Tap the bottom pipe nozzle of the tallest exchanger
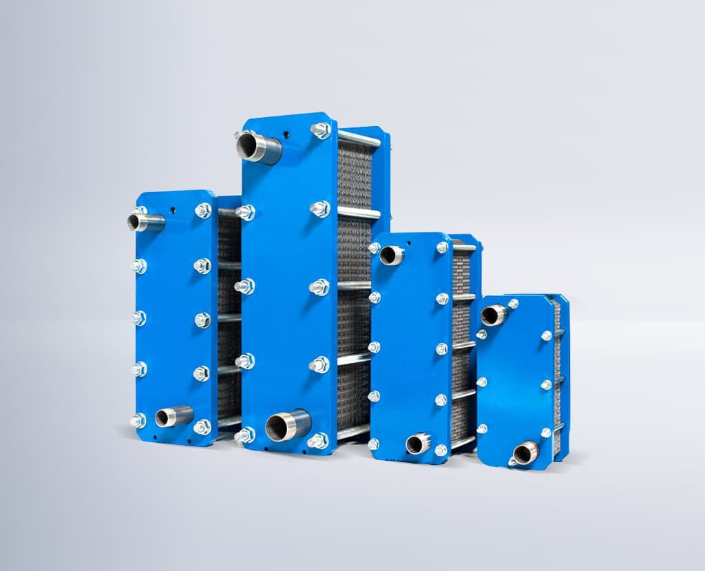287,424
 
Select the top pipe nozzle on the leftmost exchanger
145,222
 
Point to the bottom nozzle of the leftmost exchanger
173,417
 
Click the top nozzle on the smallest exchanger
494,315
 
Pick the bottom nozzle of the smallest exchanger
526,453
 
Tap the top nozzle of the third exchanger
392,255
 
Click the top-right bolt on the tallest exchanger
321,130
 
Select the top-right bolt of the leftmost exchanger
203,210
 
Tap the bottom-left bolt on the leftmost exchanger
138,420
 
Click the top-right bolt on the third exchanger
442,247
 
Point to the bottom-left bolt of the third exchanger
374,444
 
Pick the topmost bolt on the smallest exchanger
513,303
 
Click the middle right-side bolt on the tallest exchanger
319,287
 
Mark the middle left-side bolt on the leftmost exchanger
138,318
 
